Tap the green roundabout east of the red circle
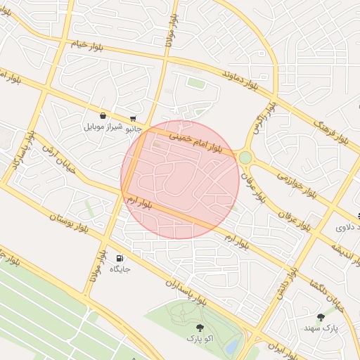tap(245, 157)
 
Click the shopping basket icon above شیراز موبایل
tap(103, 116)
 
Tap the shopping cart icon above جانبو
tap(133, 119)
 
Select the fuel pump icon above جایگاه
tap(119, 259)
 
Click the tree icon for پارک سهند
tap(321, 317)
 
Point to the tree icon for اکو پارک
tap(200, 328)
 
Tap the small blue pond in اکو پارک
tap(231, 347)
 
